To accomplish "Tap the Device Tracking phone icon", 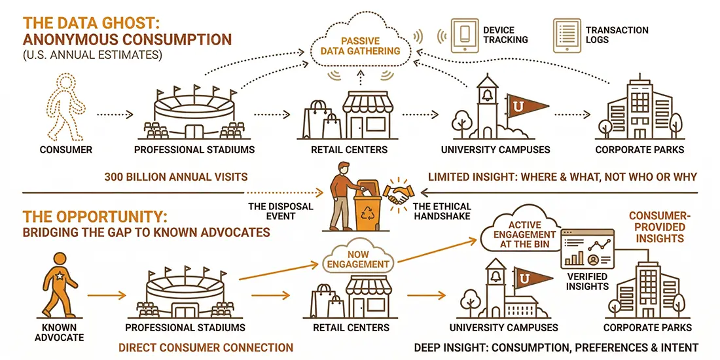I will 465,35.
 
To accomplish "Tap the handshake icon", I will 401,192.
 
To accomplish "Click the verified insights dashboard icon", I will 587,249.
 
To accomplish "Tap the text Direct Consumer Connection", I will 206,348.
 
